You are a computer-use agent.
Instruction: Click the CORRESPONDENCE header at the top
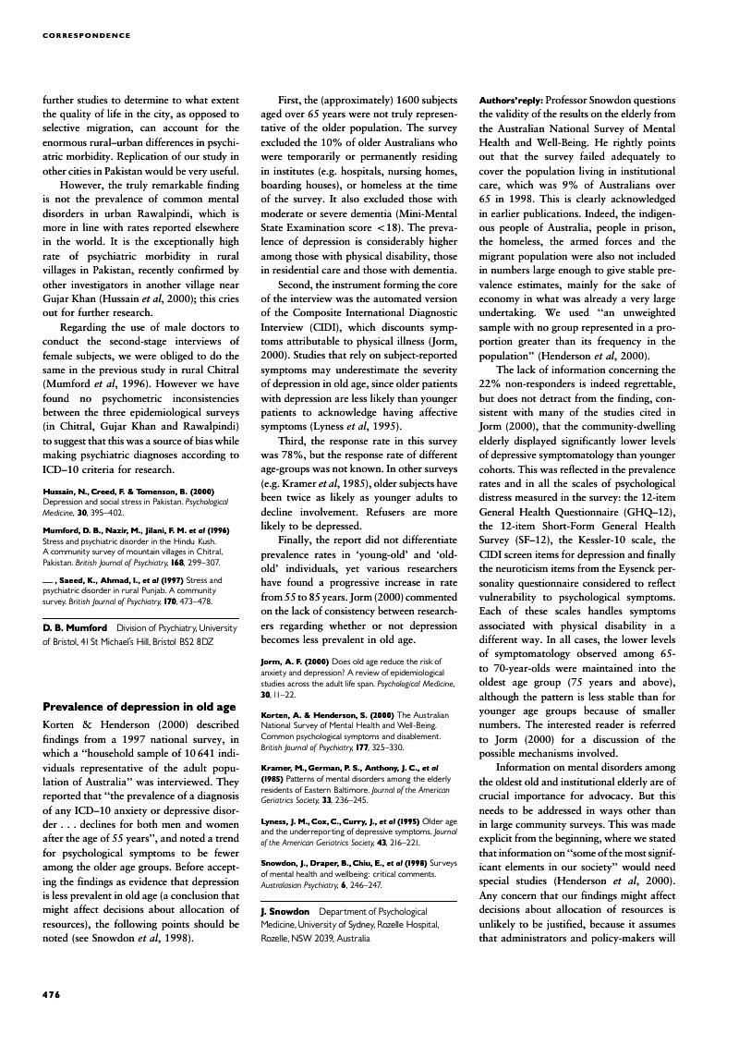pyautogui.click(x=87, y=36)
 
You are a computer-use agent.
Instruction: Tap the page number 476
pyautogui.click(x=52, y=994)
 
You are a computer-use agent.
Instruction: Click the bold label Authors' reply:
pyautogui.click(x=511, y=100)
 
